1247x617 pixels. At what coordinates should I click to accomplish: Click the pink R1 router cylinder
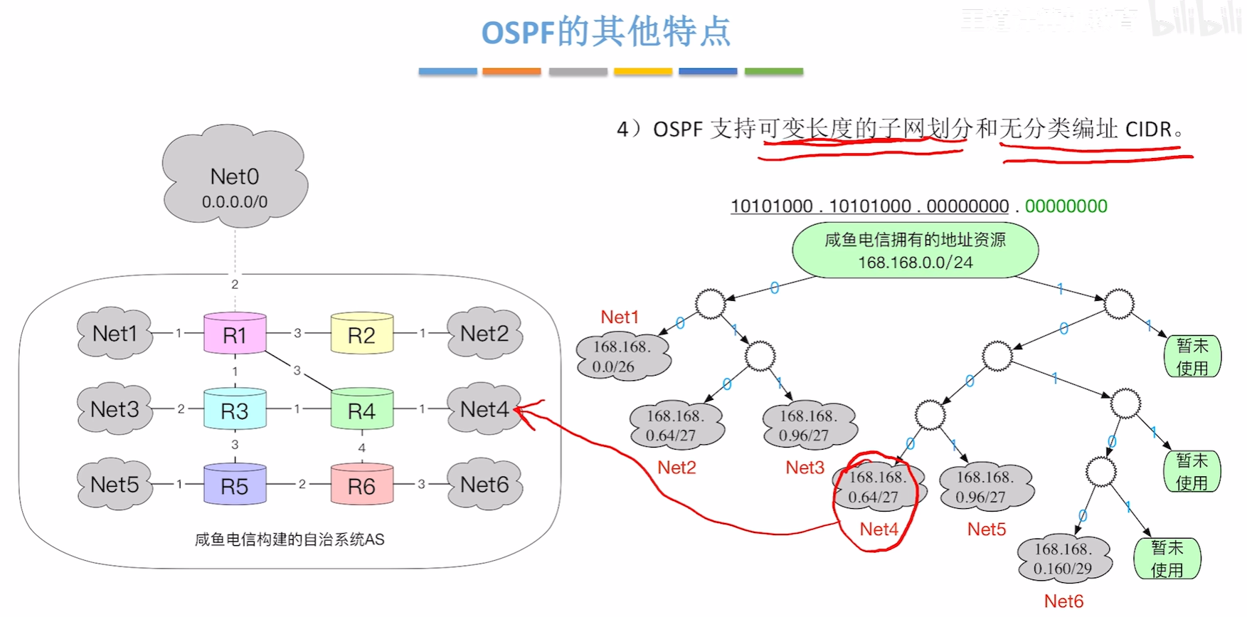(235, 334)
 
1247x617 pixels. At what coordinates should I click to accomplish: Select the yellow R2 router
(361, 334)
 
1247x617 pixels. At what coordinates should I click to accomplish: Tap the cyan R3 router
(235, 410)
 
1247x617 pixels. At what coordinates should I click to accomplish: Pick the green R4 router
(361, 410)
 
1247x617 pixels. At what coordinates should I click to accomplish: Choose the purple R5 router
(235, 485)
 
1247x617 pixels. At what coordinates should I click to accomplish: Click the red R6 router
(361, 485)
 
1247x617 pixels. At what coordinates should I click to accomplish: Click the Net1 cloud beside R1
(115, 333)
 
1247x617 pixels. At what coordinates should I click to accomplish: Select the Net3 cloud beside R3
(115, 409)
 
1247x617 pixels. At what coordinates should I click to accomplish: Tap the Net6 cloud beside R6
(484, 485)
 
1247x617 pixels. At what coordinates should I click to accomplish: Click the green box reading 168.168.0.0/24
(915, 251)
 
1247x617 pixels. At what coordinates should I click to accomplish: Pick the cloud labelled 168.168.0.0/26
(622, 357)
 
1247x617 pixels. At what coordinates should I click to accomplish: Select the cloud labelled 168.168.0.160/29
(1063, 559)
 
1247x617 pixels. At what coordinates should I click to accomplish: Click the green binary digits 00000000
(1066, 206)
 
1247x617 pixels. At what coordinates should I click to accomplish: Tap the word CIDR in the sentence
(1147, 130)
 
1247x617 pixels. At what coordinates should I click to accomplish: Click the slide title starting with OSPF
(606, 32)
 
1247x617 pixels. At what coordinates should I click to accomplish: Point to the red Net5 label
(987, 529)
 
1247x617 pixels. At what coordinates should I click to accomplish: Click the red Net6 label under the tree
(1063, 601)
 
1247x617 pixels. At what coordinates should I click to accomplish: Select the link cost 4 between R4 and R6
(362, 448)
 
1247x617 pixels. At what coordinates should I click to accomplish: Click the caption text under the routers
(289, 539)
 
